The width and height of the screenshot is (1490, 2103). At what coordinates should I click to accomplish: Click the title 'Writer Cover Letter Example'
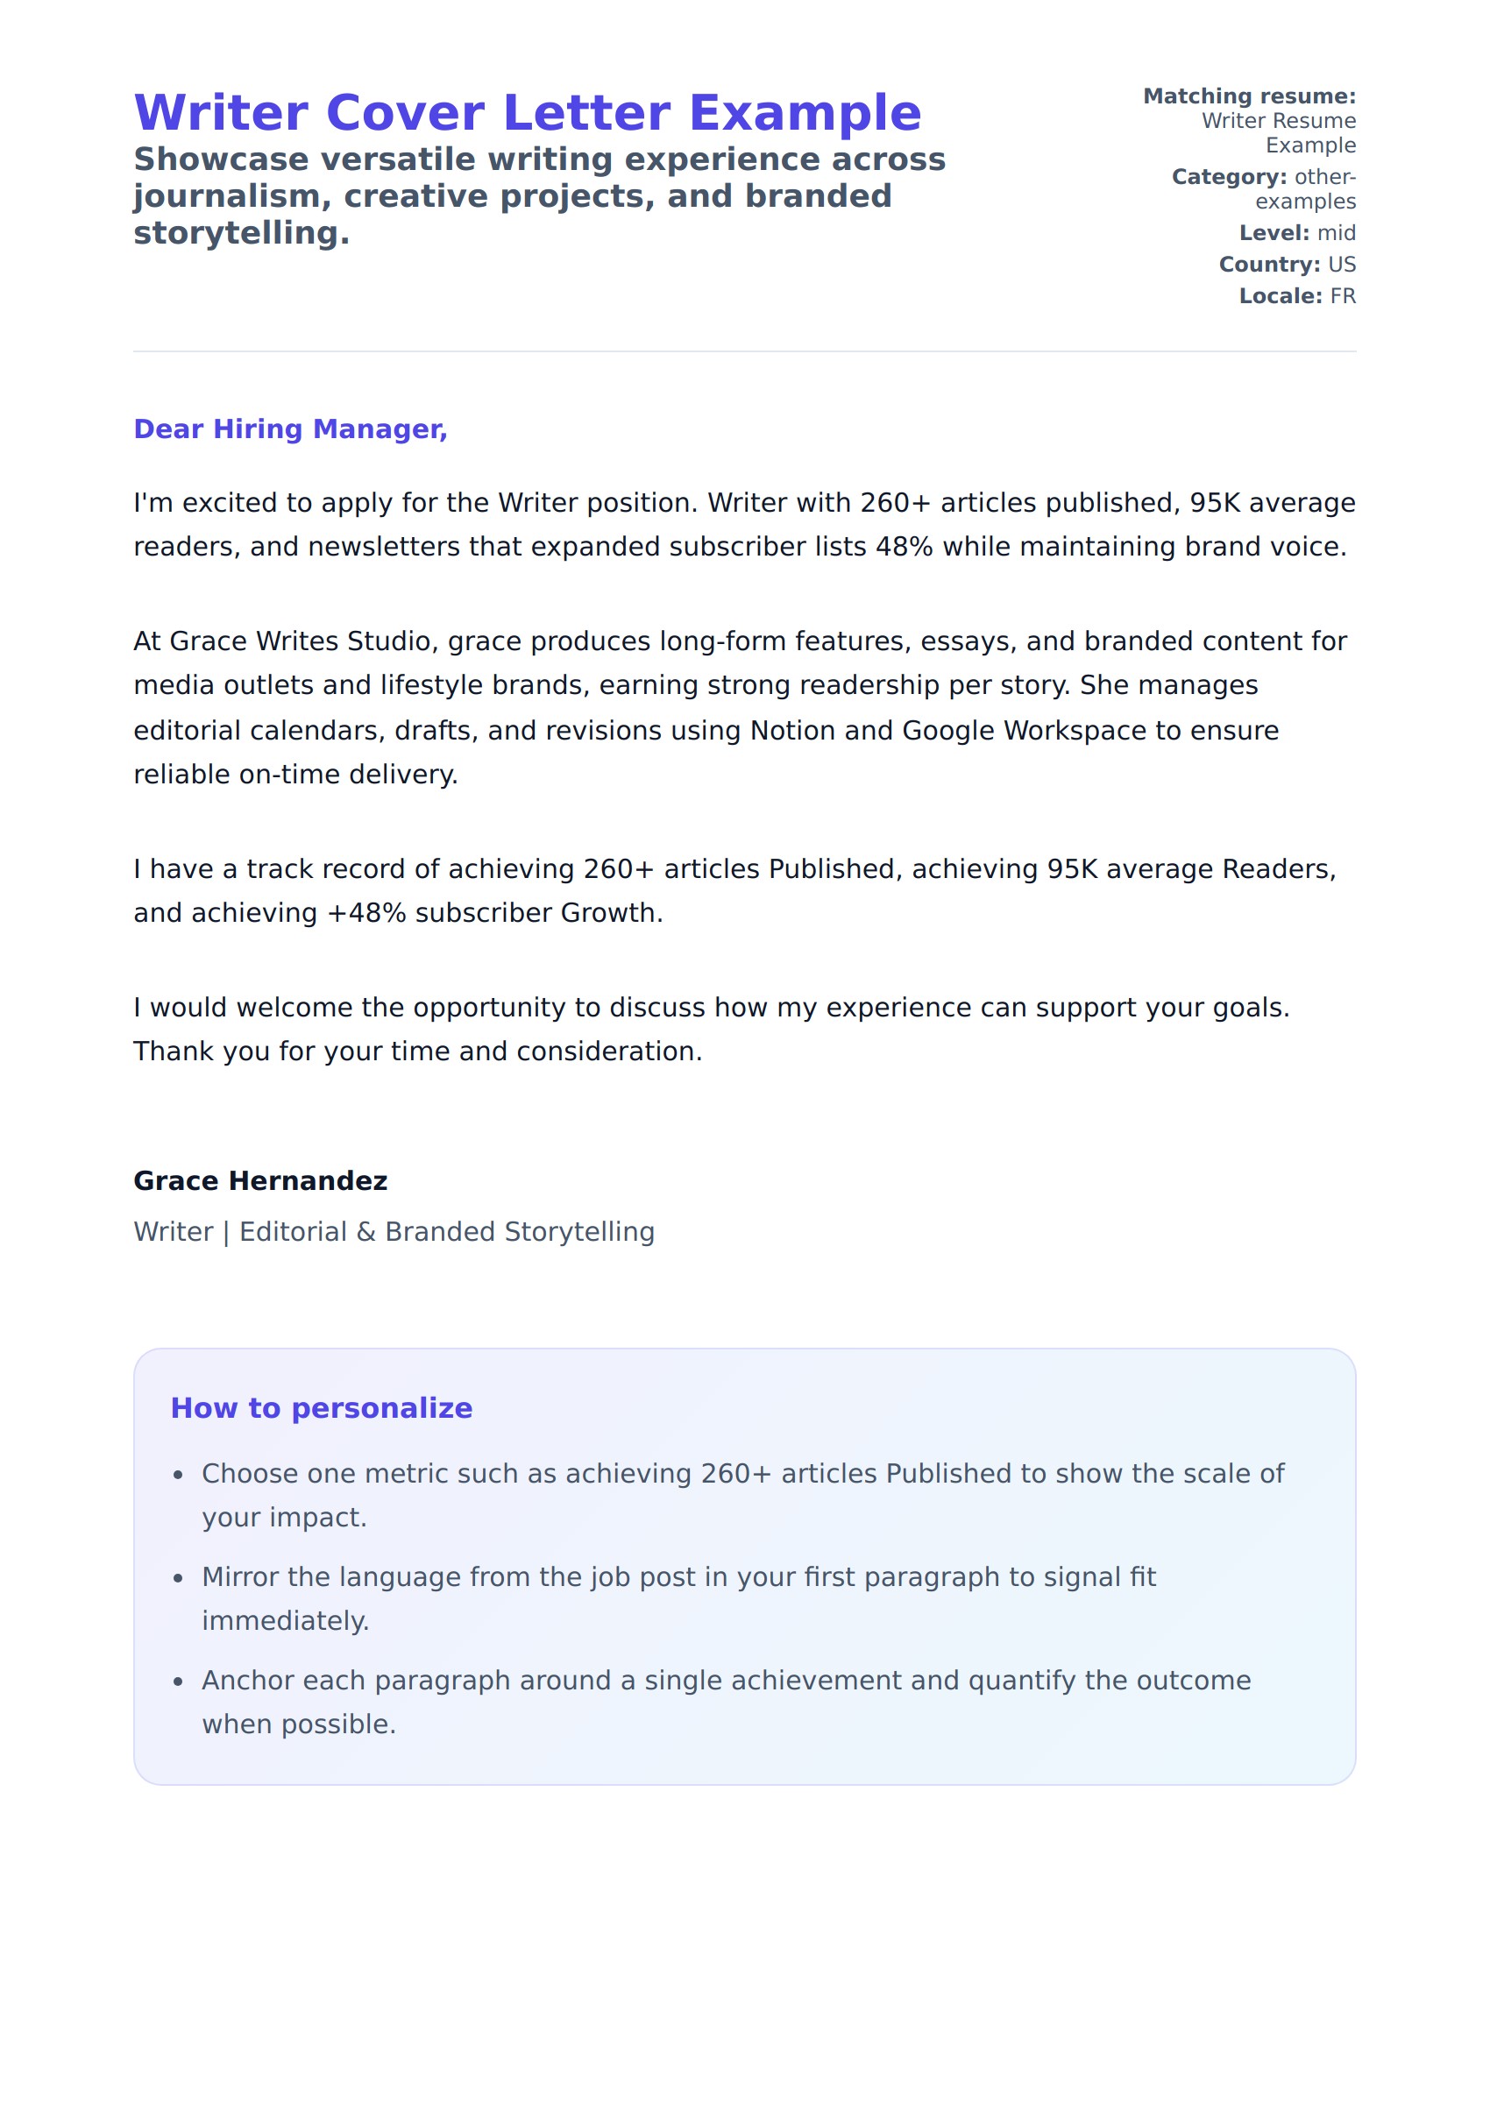(528, 113)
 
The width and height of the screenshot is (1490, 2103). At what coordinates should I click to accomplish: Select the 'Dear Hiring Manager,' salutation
(290, 429)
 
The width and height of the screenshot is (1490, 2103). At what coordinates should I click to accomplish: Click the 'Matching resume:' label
(1249, 96)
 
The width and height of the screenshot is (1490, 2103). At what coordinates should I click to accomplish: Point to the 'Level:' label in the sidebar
(1274, 233)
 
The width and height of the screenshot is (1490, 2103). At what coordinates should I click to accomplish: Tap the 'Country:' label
(1269, 264)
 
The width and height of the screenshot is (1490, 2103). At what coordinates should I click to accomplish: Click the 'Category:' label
(1229, 177)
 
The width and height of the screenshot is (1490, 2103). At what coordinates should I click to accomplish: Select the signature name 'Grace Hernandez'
(260, 1180)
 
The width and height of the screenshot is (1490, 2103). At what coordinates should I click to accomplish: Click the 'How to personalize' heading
(321, 1408)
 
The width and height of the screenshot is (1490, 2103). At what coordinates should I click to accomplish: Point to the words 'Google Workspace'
(1024, 730)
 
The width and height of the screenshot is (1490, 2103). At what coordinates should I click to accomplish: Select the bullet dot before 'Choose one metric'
(179, 1476)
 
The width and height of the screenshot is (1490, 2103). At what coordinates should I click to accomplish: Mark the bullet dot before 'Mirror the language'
(179, 1578)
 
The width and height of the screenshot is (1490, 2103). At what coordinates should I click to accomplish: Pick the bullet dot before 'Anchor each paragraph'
(179, 1682)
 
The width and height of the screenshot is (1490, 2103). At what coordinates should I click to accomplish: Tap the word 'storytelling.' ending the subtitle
(241, 233)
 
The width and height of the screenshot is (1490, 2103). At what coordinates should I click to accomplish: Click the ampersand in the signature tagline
(366, 1232)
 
